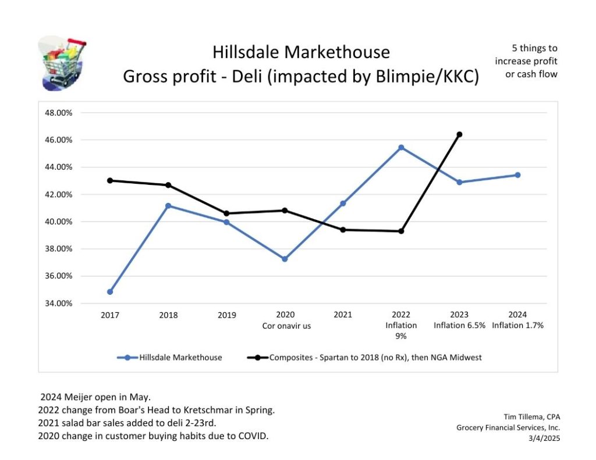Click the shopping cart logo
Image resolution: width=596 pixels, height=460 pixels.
tap(61, 63)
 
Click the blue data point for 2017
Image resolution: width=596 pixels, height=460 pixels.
tap(110, 291)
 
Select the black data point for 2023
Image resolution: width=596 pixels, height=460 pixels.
tap(459, 134)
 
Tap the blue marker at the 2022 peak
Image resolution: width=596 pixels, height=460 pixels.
tap(401, 148)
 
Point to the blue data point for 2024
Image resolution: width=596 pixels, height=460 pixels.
tap(517, 175)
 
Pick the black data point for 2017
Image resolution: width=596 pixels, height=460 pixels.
tap(110, 180)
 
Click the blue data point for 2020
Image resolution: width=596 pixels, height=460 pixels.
tap(285, 259)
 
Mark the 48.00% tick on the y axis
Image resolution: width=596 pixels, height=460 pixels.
tap(58, 113)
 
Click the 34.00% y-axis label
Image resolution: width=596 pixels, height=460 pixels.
tap(58, 303)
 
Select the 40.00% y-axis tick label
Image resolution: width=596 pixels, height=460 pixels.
tap(58, 222)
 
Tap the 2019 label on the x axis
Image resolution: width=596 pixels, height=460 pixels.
tap(226, 315)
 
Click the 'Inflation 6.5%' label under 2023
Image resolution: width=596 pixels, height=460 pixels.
tap(459, 326)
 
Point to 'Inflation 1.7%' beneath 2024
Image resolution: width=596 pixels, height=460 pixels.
tap(517, 326)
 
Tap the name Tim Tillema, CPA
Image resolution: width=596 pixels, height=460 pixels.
tap(531, 416)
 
